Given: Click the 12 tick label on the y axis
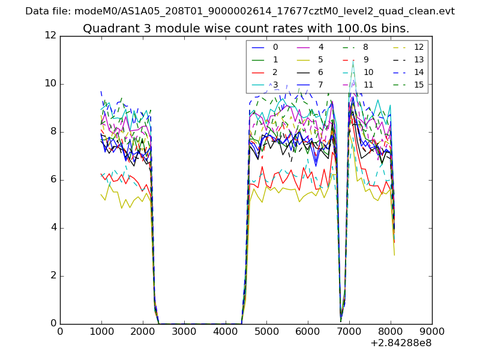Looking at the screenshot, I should tap(50, 36).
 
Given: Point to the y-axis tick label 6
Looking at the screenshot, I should tap(53, 180).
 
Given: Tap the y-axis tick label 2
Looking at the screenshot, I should tap(53, 276).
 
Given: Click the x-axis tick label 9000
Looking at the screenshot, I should tap(432, 331).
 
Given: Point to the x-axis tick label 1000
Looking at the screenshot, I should tap(101, 331).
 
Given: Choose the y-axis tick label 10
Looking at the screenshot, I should tap(50, 84).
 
